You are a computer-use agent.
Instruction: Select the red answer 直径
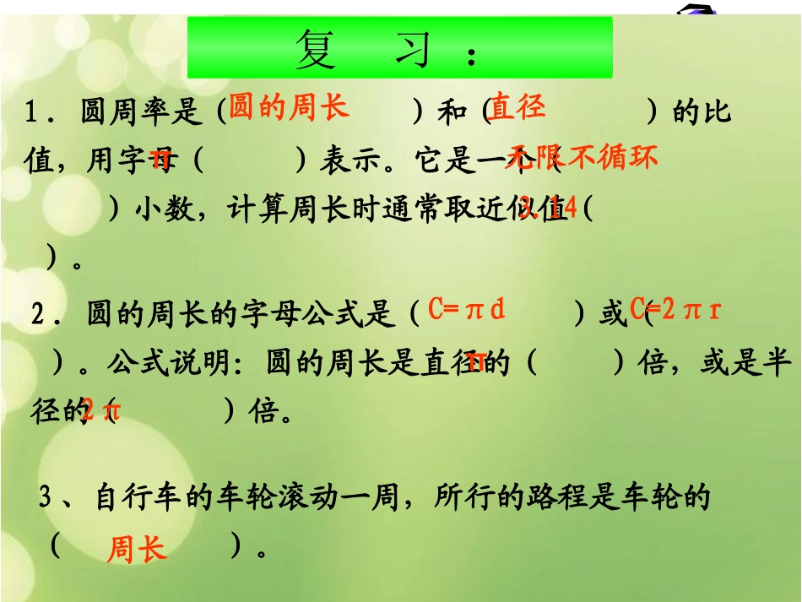point(518,107)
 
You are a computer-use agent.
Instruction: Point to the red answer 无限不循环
point(581,157)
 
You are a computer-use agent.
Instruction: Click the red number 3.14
point(549,207)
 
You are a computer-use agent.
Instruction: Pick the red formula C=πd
point(467,310)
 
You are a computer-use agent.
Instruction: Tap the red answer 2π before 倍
point(101,412)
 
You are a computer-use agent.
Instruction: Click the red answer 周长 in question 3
point(137,550)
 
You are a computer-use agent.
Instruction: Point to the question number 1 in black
point(32,112)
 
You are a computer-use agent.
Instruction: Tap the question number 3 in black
point(46,497)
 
